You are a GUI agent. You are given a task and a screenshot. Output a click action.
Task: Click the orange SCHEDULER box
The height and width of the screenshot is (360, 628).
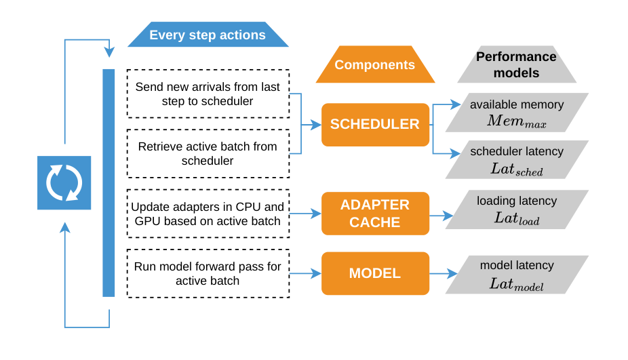(375, 125)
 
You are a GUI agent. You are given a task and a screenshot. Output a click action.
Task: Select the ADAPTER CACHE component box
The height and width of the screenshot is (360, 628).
(375, 214)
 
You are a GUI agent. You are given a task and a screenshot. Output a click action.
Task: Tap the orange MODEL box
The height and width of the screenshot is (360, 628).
(375, 273)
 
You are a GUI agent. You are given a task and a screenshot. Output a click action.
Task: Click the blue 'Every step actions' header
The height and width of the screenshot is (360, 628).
(208, 35)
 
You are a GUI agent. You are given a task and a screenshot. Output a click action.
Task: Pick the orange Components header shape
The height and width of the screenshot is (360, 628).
(375, 64)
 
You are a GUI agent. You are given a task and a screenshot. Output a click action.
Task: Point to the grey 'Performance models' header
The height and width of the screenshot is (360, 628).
(517, 64)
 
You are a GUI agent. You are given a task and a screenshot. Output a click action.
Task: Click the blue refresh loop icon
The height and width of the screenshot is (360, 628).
(64, 182)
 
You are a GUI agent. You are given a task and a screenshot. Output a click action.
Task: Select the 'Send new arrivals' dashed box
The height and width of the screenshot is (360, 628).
(208, 94)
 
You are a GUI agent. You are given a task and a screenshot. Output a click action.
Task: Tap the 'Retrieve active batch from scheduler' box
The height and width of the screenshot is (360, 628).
(208, 153)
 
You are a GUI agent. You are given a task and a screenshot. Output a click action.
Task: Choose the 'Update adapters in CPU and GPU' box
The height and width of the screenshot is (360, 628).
(208, 214)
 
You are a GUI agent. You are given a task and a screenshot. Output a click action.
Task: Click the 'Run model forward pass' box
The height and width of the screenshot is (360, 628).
(208, 273)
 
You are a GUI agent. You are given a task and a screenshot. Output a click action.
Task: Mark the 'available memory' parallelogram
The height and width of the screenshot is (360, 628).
(517, 113)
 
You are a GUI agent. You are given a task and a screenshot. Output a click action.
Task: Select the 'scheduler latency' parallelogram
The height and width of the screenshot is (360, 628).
(517, 159)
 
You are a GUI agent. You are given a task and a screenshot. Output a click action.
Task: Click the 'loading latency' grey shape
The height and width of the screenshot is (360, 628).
(517, 209)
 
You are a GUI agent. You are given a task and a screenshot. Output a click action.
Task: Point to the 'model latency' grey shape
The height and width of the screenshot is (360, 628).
(517, 275)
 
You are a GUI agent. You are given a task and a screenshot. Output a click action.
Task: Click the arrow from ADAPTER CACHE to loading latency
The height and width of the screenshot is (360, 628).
(441, 216)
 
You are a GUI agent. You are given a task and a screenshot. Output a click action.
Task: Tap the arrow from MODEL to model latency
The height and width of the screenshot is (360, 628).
(444, 273)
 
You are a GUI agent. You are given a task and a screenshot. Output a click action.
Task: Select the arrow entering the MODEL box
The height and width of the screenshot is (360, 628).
(306, 273)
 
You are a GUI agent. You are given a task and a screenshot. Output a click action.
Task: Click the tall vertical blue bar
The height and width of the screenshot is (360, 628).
(109, 183)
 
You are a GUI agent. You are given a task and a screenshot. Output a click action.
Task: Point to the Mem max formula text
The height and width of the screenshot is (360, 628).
(517, 121)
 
